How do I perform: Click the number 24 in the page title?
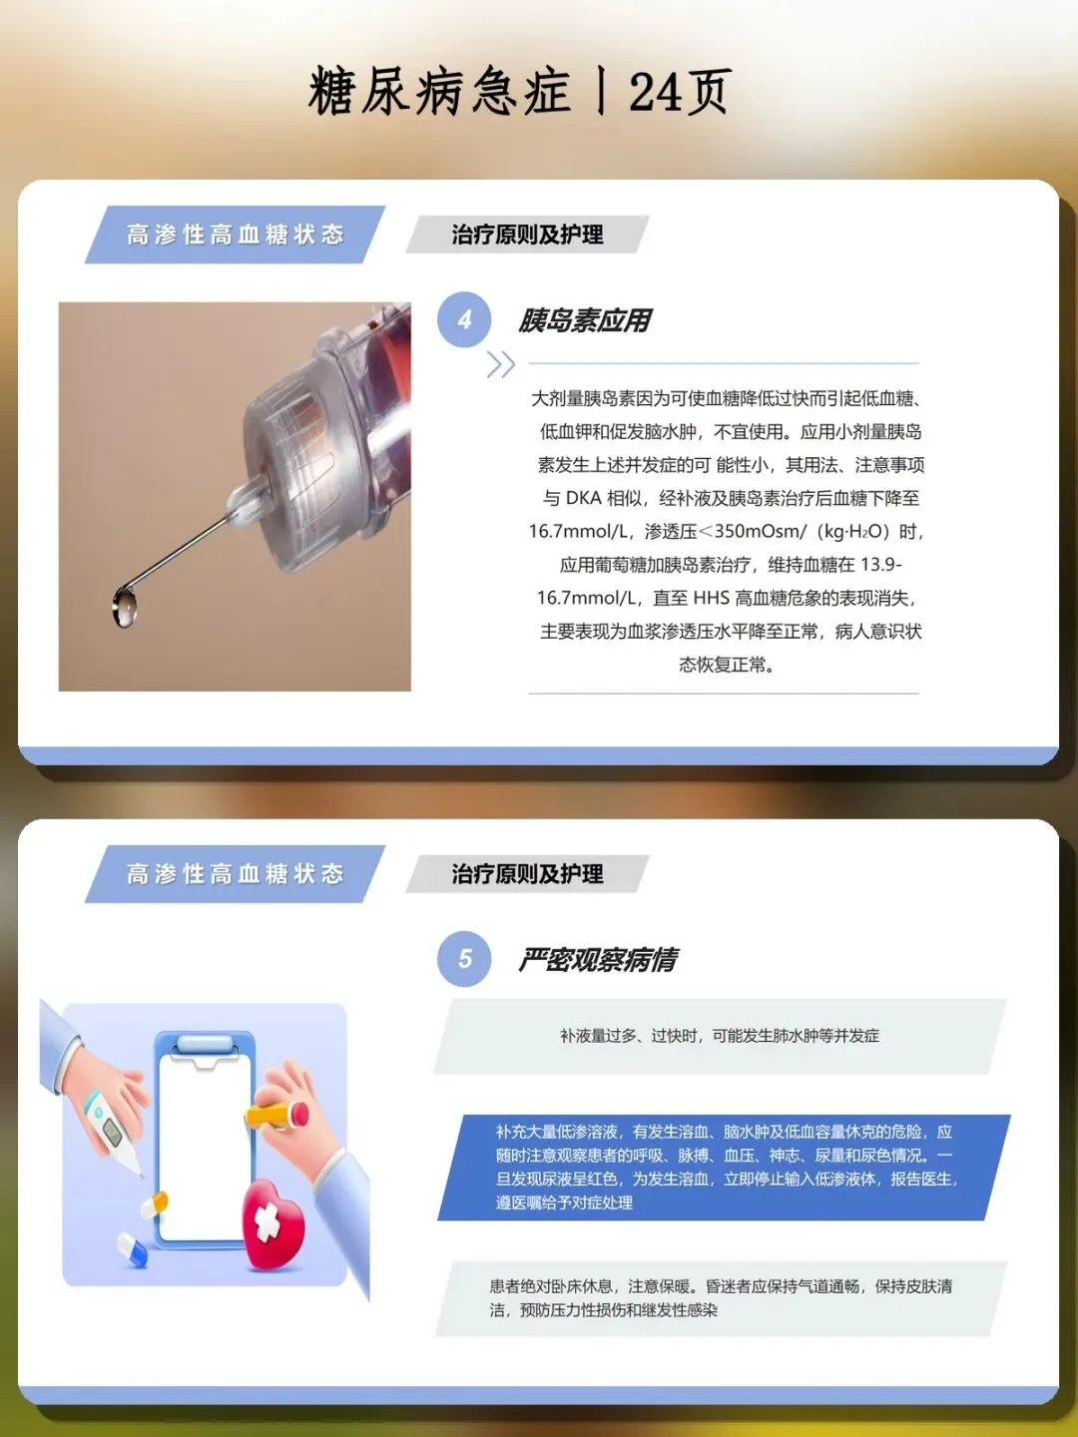pos(655,93)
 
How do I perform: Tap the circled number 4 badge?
pos(464,319)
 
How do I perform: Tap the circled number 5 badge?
pos(464,959)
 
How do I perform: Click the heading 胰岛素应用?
pos(585,320)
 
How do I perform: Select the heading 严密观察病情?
pos(598,960)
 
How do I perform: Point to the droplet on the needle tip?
pos(125,608)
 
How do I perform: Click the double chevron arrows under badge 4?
pos(501,364)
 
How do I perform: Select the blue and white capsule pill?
pos(132,1249)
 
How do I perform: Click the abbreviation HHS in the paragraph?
pos(711,598)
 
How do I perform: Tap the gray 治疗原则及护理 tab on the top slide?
pos(528,235)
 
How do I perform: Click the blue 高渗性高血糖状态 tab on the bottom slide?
pos(235,874)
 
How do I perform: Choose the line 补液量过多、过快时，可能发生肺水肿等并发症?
pos(720,1036)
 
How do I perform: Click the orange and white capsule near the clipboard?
pos(155,1201)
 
